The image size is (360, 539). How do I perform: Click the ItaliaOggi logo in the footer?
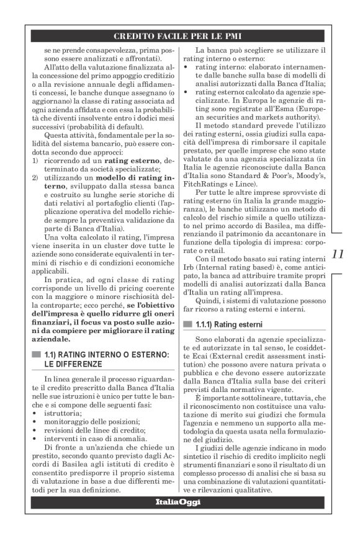180,502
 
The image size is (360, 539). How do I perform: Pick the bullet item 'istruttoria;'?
61,412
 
